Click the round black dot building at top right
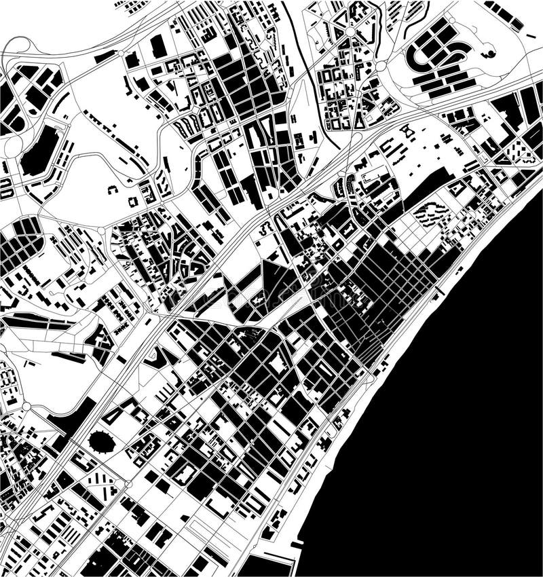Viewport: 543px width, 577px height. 487,51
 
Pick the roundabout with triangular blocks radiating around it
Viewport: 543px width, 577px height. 349,31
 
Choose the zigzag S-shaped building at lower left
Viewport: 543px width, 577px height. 160,356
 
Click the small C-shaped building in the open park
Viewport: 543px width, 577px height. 113,191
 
